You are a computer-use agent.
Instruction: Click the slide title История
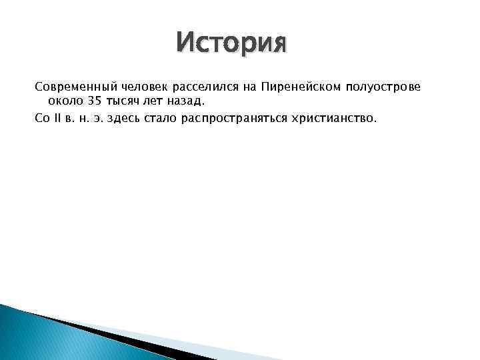tap(231, 45)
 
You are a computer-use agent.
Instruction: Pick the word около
tap(64, 102)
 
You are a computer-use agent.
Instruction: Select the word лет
tap(153, 102)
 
